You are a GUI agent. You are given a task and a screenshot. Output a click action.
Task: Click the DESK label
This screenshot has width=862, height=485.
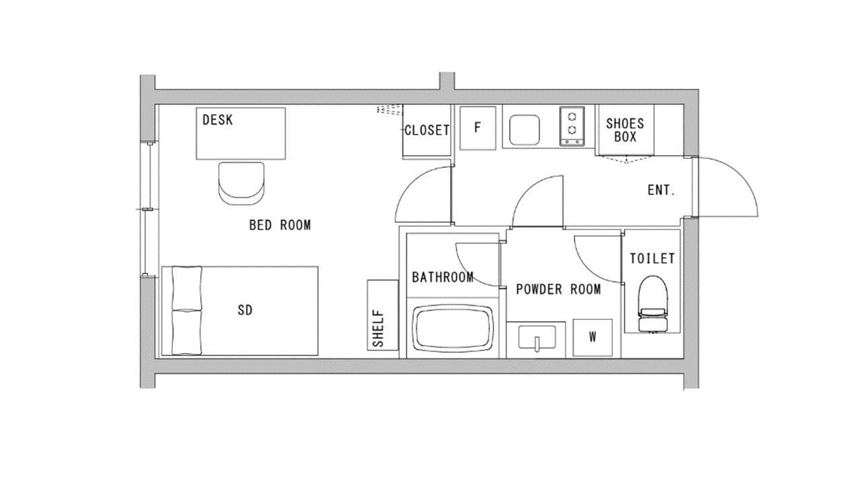click(x=218, y=120)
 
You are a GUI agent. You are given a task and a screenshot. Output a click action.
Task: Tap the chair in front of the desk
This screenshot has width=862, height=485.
click(x=241, y=183)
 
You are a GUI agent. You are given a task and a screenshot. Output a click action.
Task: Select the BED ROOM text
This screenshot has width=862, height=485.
click(x=279, y=225)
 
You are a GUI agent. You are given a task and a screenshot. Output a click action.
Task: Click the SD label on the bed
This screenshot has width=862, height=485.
click(x=244, y=310)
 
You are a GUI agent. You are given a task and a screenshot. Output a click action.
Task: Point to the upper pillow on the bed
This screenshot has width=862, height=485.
click(x=187, y=288)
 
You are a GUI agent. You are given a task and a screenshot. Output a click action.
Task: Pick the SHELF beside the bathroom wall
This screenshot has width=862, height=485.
click(x=383, y=315)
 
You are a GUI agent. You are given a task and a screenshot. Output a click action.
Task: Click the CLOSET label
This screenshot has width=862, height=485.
click(x=427, y=130)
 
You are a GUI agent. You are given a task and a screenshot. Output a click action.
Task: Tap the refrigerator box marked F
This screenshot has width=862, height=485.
click(x=477, y=128)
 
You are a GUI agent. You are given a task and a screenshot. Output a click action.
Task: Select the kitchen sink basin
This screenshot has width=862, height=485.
click(x=524, y=130)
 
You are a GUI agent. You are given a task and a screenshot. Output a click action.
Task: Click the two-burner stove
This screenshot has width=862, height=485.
click(x=572, y=126)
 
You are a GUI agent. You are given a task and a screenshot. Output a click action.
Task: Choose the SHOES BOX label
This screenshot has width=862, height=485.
click(x=625, y=130)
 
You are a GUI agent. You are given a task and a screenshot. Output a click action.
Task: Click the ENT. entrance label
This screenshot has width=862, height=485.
click(x=661, y=190)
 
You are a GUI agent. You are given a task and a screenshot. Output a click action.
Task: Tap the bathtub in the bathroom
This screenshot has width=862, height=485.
click(x=453, y=328)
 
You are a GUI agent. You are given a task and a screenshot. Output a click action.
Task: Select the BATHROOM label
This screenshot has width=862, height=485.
click(x=442, y=277)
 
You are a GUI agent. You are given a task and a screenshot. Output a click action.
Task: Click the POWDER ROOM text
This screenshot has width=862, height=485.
click(x=558, y=289)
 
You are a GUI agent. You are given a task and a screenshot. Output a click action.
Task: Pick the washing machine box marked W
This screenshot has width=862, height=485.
click(x=592, y=337)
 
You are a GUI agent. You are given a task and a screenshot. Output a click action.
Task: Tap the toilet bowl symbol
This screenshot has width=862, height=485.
click(x=653, y=304)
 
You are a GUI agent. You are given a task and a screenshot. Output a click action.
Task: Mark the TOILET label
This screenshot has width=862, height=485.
click(x=653, y=258)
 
